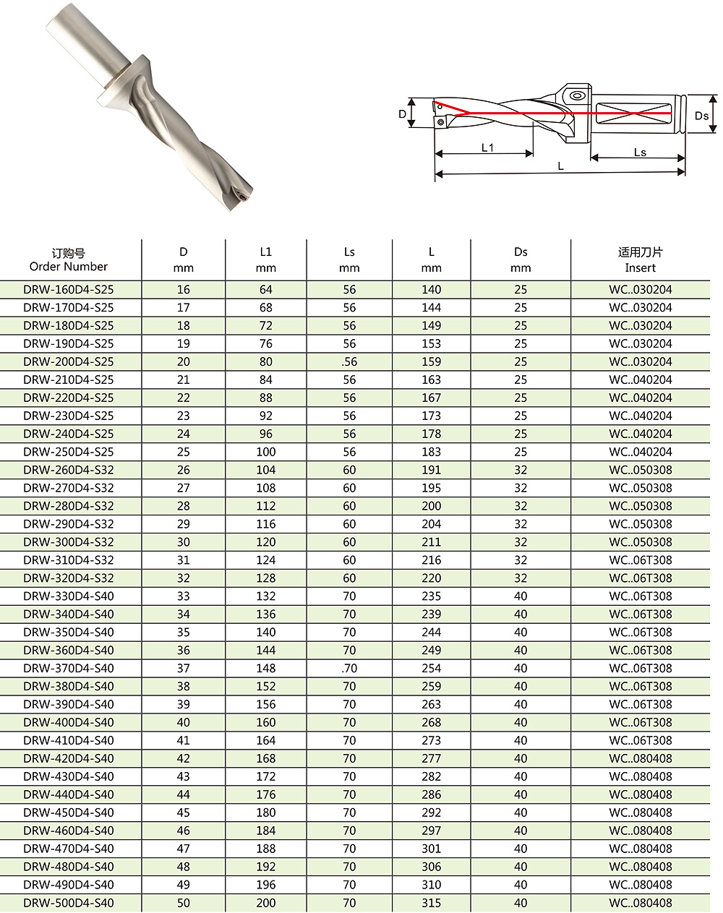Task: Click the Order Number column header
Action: click(x=69, y=260)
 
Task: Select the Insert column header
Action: click(x=640, y=260)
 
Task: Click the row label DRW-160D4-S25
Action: click(x=69, y=289)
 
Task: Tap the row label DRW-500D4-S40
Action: click(x=69, y=903)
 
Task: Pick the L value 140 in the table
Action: click(x=431, y=289)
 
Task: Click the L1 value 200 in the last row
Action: click(x=266, y=903)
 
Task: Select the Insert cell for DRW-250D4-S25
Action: click(x=640, y=452)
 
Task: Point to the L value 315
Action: click(x=431, y=903)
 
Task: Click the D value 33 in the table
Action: click(x=184, y=596)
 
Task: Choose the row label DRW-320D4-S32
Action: click(x=69, y=578)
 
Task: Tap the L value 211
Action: click(x=431, y=542)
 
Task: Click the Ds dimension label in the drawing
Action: click(x=701, y=116)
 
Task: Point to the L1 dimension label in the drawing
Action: click(x=487, y=147)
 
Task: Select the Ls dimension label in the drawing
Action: click(x=640, y=152)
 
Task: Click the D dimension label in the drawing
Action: click(x=403, y=114)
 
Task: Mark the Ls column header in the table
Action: click(x=349, y=260)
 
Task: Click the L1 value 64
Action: click(x=266, y=289)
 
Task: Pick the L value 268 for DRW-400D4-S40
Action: click(x=431, y=722)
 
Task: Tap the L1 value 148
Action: click(x=266, y=668)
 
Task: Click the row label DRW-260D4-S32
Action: click(x=69, y=470)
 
